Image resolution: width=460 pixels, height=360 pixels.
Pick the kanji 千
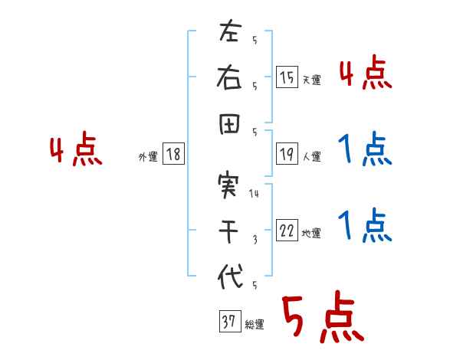pos(229,231)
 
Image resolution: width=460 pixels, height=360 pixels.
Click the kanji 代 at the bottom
pos(229,276)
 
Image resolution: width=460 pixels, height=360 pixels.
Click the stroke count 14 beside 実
pos(255,194)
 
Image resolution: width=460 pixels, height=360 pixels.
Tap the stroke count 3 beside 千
pos(255,240)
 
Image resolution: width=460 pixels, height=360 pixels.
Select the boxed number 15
pos(287,77)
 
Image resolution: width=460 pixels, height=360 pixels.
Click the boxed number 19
pos(287,155)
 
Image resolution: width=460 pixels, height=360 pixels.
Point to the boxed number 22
pos(287,231)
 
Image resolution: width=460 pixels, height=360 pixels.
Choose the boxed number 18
pos(173,155)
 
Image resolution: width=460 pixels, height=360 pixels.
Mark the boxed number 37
pos(228,322)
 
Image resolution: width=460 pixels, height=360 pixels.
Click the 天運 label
pos(311,80)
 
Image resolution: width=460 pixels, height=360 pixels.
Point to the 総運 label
pos(255,325)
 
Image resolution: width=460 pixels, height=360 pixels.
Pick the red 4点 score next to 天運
pos(366,75)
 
